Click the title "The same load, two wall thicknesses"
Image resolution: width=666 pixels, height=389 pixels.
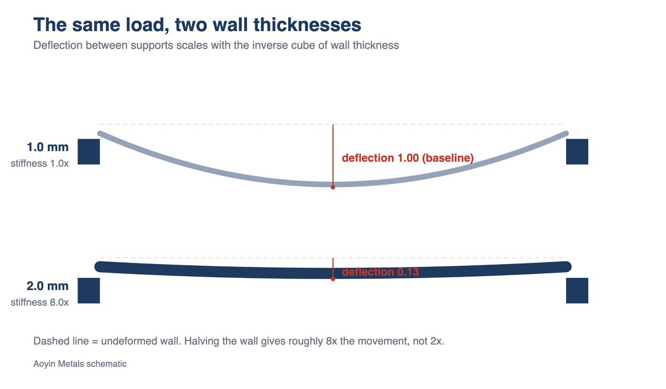click(x=197, y=24)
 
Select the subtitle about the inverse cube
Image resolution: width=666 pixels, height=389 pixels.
click(x=216, y=45)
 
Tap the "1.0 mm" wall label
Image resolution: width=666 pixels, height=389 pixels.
click(x=48, y=147)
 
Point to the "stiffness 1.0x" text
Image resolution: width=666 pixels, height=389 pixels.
click(x=39, y=163)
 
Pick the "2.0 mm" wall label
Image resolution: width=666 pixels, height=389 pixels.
click(x=48, y=286)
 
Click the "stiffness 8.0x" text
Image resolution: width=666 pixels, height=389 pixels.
click(x=39, y=302)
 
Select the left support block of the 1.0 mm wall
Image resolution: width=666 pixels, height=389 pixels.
click(x=89, y=152)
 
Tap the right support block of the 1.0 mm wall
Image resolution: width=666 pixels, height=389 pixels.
click(x=577, y=152)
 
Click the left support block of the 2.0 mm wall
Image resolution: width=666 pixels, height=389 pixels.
click(x=89, y=291)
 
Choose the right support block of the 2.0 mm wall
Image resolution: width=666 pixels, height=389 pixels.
click(x=577, y=291)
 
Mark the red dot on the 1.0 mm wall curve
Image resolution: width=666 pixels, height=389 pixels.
click(x=333, y=187)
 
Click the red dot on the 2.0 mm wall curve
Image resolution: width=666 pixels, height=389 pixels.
click(x=333, y=279)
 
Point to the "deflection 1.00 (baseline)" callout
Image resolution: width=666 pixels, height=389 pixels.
click(x=407, y=158)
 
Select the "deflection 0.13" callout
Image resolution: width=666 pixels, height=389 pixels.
click(x=380, y=272)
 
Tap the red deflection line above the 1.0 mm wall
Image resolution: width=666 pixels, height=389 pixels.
click(x=333, y=156)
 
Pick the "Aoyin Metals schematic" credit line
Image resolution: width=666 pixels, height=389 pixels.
click(x=80, y=363)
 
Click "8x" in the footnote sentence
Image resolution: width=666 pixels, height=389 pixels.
click(x=331, y=341)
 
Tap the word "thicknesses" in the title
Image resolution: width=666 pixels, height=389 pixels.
click(x=307, y=24)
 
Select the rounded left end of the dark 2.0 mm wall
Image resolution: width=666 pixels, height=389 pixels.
click(x=99, y=267)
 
